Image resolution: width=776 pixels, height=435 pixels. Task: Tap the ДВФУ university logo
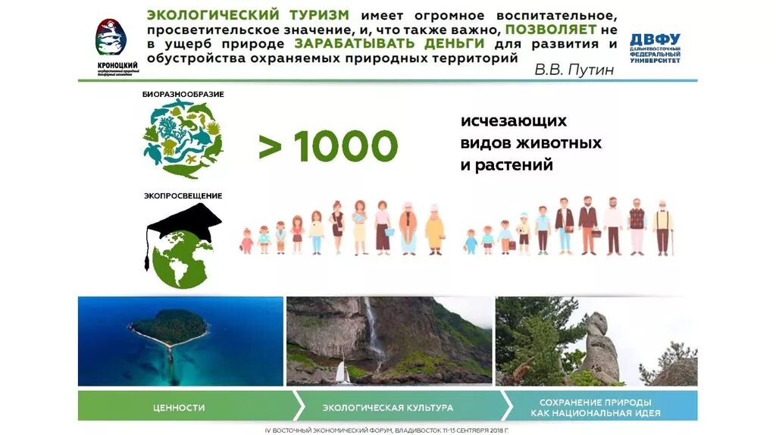pos(655,48)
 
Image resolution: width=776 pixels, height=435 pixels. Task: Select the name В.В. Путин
pos(574,70)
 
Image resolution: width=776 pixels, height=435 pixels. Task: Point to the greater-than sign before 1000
pos(270,146)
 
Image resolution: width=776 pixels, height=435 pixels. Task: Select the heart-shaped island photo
pos(168,328)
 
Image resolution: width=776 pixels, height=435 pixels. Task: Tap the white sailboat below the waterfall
pos(343,372)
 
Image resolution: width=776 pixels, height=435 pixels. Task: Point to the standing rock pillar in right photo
pos(599,345)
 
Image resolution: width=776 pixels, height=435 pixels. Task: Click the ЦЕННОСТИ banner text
pos(179,407)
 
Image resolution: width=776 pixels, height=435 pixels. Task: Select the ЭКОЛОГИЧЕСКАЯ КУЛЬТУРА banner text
pos(388,407)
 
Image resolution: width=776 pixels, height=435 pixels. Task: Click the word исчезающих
pos(513,121)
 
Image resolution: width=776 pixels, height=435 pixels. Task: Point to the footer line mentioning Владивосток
pos(387,429)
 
